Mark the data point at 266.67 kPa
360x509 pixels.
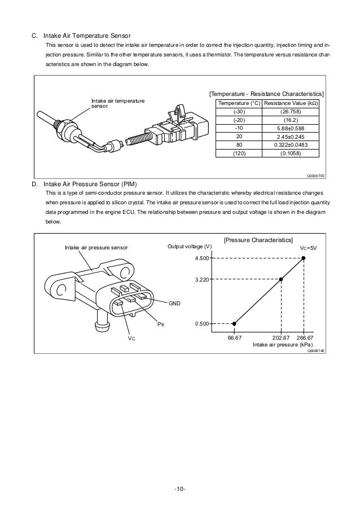click(x=304, y=258)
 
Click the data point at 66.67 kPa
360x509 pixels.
click(x=235, y=323)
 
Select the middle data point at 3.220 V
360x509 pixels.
click(x=281, y=279)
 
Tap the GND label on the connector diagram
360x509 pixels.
click(x=174, y=304)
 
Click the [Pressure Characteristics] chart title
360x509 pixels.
click(x=258, y=240)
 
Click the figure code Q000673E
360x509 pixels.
click(x=317, y=176)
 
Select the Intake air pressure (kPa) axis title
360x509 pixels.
click(x=283, y=344)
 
